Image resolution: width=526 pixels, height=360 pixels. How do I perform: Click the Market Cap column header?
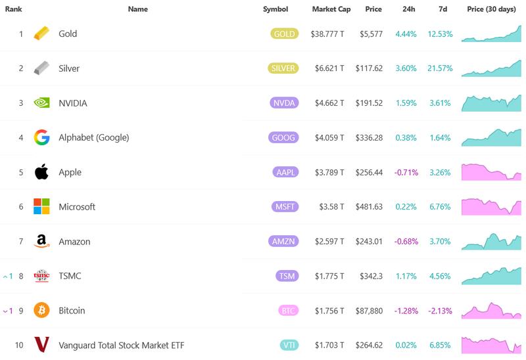click(x=331, y=9)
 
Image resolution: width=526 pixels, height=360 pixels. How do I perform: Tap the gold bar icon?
click(x=41, y=34)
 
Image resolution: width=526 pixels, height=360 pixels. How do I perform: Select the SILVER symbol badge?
click(x=284, y=68)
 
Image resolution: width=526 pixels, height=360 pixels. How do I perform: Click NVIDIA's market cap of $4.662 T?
click(x=327, y=103)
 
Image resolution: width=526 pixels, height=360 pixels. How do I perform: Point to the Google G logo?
click(x=41, y=137)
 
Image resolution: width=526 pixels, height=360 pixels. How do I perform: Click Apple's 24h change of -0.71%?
click(x=405, y=172)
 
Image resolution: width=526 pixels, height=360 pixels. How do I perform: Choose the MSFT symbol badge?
click(x=285, y=207)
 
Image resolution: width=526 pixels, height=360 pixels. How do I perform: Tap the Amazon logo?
click(x=41, y=242)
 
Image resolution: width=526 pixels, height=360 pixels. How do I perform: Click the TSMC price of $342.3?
click(x=371, y=276)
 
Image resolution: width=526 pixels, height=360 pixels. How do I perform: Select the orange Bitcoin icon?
click(x=41, y=310)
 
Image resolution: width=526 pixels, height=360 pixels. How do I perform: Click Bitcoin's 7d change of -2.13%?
click(x=440, y=311)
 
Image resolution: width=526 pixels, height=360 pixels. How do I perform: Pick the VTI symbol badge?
click(x=287, y=346)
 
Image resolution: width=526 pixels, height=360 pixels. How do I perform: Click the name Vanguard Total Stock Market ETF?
click(x=120, y=345)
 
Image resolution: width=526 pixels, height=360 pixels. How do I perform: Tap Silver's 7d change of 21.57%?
click(x=440, y=68)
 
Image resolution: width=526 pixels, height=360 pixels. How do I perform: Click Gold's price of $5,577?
click(x=371, y=34)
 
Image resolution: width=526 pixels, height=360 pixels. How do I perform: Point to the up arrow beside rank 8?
click(x=6, y=277)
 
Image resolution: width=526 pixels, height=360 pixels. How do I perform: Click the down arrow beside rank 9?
click(x=6, y=311)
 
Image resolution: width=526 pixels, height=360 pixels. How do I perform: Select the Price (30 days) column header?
click(x=492, y=9)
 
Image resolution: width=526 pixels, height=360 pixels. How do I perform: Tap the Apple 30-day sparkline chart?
click(x=491, y=172)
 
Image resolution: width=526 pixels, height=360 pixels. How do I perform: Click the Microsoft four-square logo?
click(x=41, y=206)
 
